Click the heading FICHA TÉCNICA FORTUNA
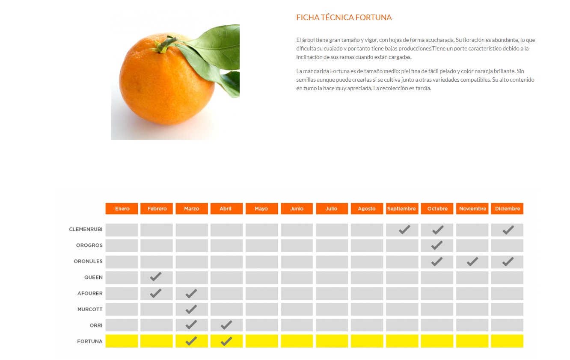pos(344,18)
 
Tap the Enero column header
pos(122,209)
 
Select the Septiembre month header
pos(401,209)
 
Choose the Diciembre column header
pos(507,209)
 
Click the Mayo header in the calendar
pos(261,209)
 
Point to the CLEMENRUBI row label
pos(86,230)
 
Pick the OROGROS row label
pos(89,245)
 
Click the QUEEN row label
pos(93,277)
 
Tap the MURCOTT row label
pos(90,310)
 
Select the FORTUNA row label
pos(90,342)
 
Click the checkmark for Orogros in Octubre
pos(437,245)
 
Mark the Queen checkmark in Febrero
pos(156,277)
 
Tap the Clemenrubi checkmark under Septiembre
pos(404,230)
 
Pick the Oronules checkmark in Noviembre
pos(472,262)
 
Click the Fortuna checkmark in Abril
pos(226,341)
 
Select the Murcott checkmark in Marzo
pos(191,309)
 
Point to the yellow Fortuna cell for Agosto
pos(367,341)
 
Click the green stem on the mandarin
pos(165,44)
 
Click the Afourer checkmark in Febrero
pos(156,293)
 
